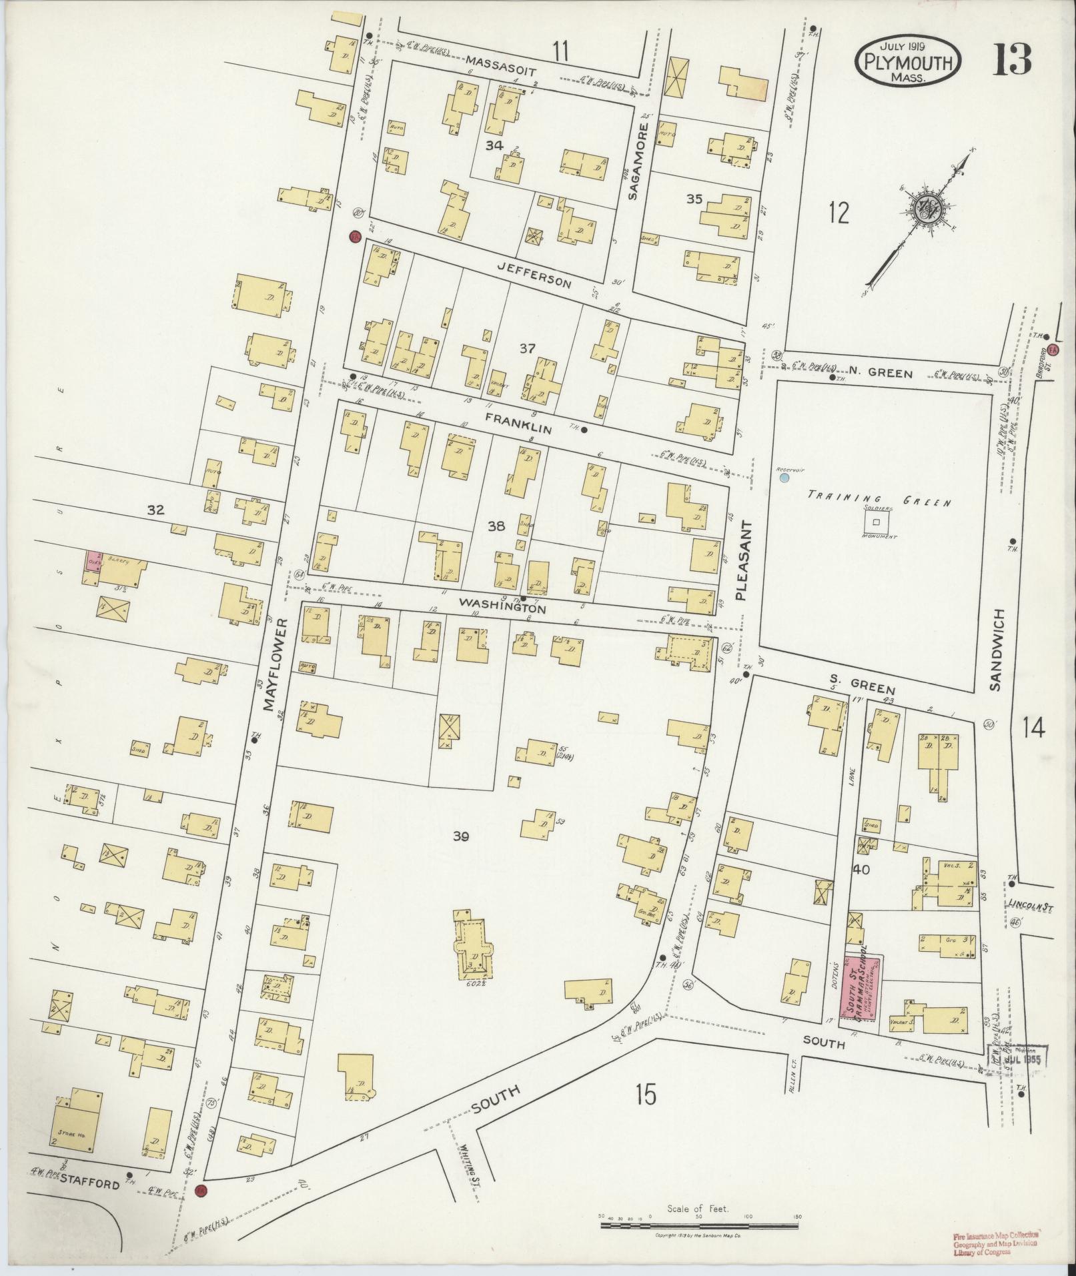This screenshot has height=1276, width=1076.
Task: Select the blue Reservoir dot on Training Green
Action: [x=784, y=478]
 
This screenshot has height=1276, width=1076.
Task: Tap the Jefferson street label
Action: [x=534, y=274]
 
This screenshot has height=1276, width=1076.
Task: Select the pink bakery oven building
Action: [x=93, y=560]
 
